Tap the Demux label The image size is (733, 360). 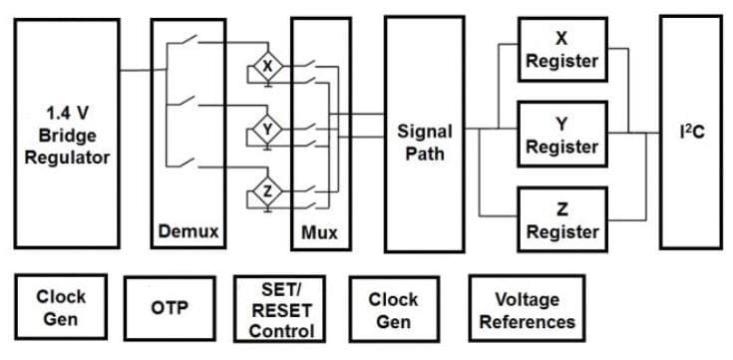(x=188, y=231)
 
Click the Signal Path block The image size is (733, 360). (x=424, y=142)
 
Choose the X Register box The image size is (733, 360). (x=561, y=50)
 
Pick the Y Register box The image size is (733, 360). (x=561, y=135)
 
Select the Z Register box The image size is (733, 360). (x=561, y=220)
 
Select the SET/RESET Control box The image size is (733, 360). (x=280, y=308)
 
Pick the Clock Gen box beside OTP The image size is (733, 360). (x=61, y=308)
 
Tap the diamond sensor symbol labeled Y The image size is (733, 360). (x=265, y=130)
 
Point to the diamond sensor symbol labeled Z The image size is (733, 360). (x=265, y=191)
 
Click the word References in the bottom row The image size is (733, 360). (x=527, y=321)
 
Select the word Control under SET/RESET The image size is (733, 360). (x=280, y=331)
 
